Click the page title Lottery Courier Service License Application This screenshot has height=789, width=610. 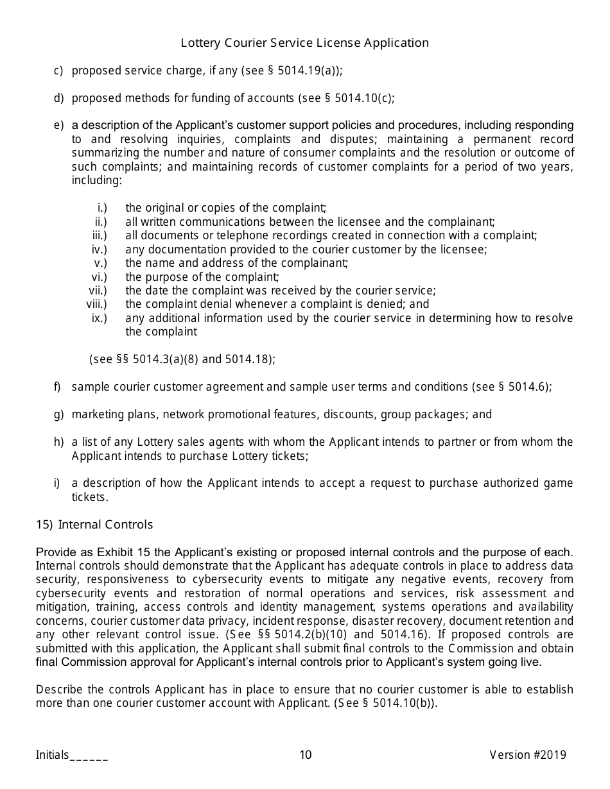click(x=304, y=43)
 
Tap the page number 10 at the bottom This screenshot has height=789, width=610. click(x=305, y=755)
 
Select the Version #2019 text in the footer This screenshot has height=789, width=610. click(x=527, y=755)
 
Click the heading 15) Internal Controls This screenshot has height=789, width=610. click(x=94, y=525)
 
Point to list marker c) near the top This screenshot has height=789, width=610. click(x=58, y=71)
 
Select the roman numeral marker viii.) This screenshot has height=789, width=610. click(x=97, y=304)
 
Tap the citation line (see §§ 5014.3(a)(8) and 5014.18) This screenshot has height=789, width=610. click(x=182, y=359)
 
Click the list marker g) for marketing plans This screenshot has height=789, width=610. click(x=58, y=414)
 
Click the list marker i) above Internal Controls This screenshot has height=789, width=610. click(x=57, y=483)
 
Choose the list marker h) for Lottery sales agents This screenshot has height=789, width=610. click(x=58, y=442)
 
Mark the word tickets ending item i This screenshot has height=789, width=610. click(x=89, y=497)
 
